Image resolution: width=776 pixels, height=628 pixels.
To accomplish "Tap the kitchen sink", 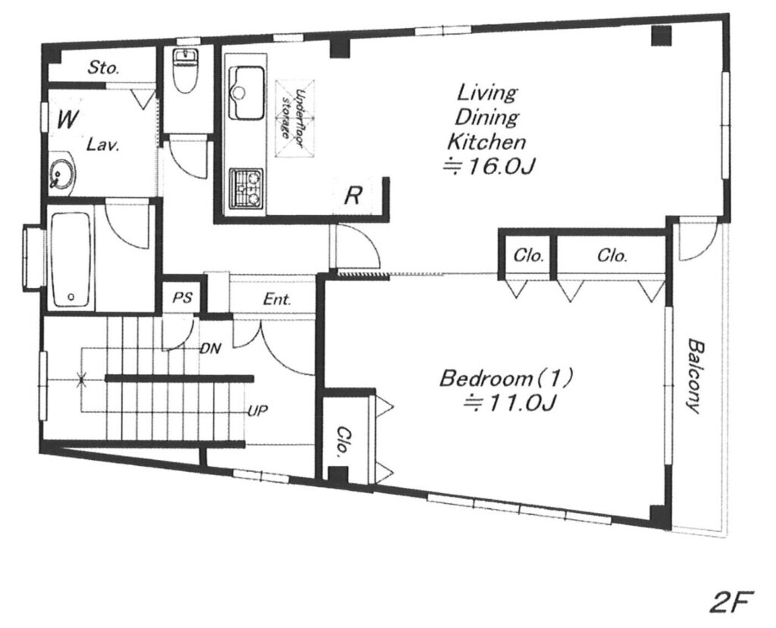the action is pos(246,93).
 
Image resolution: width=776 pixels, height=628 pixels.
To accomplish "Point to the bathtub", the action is pos(71,259).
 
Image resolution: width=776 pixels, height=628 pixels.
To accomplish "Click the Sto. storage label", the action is pos(103,67).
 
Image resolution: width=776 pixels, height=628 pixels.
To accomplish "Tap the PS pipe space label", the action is pos(182,298).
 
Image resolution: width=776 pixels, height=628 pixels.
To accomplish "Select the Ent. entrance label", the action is pos(277,299).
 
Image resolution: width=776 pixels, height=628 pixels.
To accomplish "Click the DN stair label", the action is pos(211,349).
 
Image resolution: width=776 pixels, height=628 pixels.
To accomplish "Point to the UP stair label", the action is pos(258,411).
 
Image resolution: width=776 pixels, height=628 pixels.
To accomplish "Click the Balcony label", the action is pos(694,376).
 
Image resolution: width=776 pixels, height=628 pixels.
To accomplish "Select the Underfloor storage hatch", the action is pos(295,117).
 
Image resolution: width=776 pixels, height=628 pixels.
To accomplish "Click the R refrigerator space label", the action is pos(352,195).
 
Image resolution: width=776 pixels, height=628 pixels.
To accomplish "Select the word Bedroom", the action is pos(485,379).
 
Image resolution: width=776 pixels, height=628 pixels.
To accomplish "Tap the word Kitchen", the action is pos(486,142).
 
